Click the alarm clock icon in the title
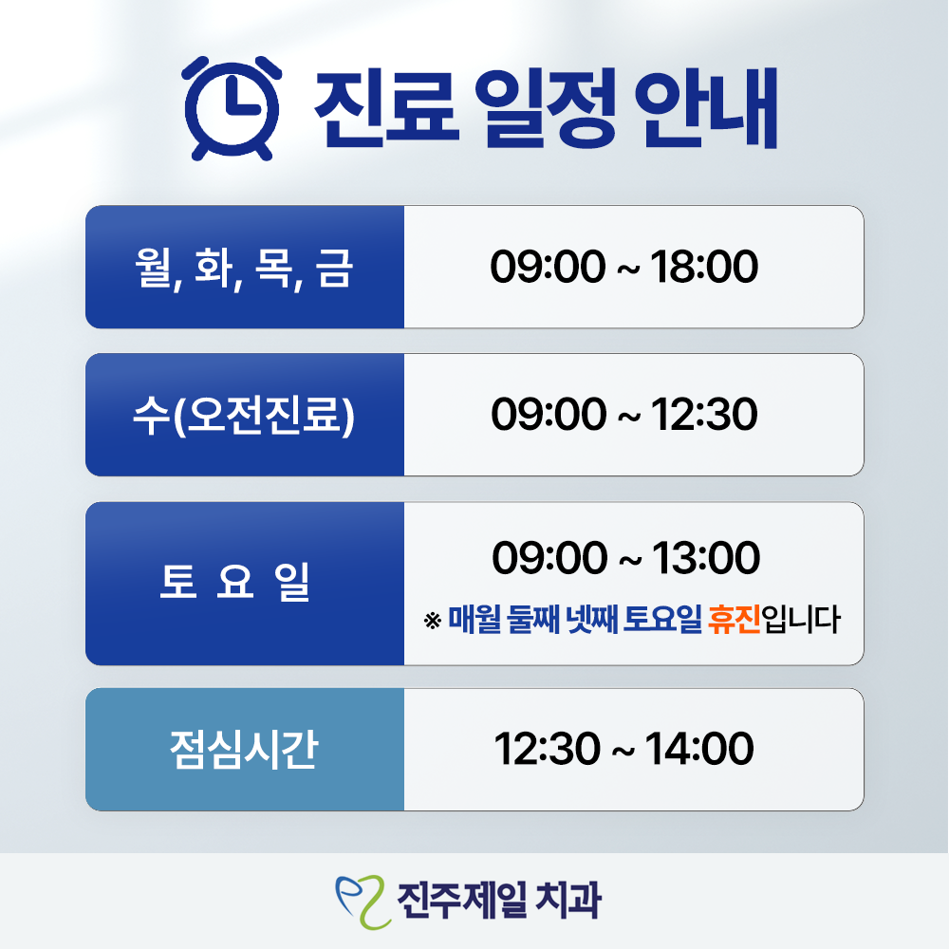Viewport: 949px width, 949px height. click(232, 106)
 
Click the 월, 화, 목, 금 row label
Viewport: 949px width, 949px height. click(244, 268)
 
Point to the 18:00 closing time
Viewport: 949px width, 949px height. click(704, 268)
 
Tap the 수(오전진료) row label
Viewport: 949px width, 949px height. click(244, 416)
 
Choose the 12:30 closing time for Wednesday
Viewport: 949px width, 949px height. click(704, 416)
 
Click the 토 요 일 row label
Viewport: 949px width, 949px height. click(235, 584)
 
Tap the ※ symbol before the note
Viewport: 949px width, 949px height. click(433, 623)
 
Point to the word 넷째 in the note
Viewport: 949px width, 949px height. click(590, 622)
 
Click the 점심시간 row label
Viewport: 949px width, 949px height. click(244, 750)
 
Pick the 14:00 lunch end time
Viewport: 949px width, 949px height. click(700, 750)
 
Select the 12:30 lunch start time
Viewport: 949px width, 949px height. click(548, 750)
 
